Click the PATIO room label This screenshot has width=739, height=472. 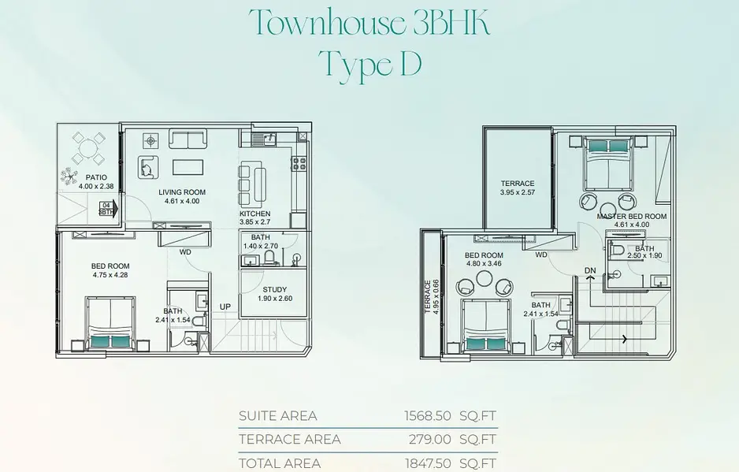tap(96, 178)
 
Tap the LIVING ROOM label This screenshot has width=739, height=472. tap(182, 192)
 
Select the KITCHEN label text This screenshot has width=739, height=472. tap(255, 214)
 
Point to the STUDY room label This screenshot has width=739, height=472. tap(275, 289)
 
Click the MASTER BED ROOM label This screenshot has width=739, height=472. tap(632, 217)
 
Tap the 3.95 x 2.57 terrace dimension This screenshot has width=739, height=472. tap(518, 192)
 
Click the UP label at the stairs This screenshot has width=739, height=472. tap(225, 307)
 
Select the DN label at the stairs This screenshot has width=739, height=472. tap(590, 270)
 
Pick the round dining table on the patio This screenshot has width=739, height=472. tap(88, 149)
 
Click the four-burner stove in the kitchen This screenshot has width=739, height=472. tap(299, 164)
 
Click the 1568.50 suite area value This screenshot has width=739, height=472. tap(428, 416)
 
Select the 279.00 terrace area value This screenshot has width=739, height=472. tap(430, 440)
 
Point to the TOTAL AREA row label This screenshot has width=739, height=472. tap(280, 463)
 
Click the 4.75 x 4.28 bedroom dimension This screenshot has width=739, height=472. tap(110, 275)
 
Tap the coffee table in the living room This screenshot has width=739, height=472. tap(188, 167)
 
